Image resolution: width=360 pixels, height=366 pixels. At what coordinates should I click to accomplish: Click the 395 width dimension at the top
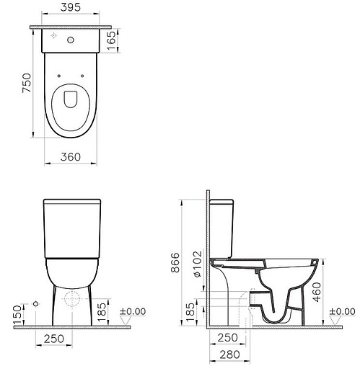coord(70,9)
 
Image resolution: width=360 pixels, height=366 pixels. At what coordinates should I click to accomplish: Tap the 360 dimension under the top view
coord(70,156)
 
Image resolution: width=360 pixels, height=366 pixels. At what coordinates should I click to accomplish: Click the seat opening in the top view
coord(70,99)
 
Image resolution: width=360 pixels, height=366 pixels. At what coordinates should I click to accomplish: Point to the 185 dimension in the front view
coord(102,309)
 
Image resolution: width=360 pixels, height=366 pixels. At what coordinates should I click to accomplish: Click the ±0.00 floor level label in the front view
coord(132,311)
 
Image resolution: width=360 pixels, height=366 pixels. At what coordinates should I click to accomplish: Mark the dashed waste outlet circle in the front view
coord(72,299)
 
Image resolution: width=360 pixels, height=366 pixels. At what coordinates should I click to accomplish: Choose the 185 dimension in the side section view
coord(190,310)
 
